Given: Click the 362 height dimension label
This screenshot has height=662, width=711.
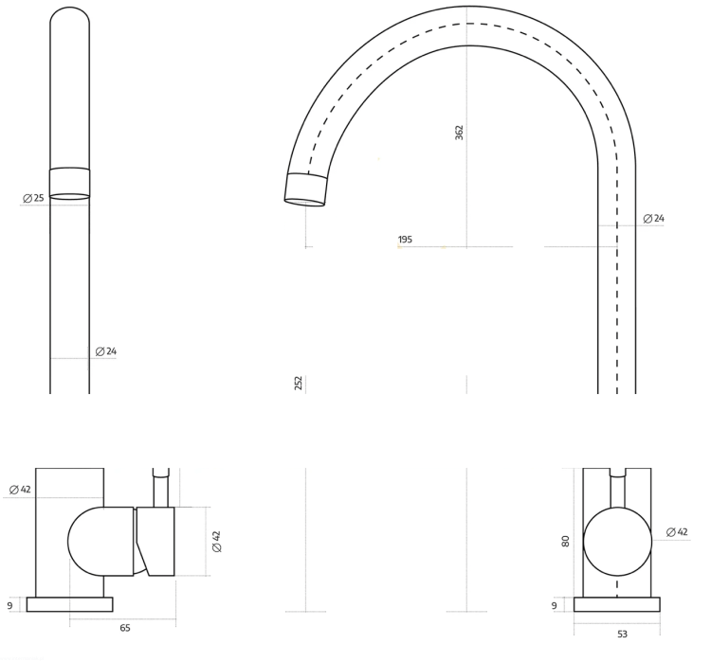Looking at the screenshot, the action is [x=460, y=133].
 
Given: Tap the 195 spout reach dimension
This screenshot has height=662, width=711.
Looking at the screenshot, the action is [x=405, y=240].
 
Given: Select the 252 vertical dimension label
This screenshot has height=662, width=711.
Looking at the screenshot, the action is [x=299, y=383].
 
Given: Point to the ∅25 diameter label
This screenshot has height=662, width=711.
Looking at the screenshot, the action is [x=33, y=198].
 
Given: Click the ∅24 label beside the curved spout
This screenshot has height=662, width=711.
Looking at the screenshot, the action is [x=654, y=219].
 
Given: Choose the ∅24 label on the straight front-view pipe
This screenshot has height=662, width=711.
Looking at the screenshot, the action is [x=106, y=351].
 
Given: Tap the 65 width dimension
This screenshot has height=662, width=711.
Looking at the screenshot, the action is [x=125, y=628].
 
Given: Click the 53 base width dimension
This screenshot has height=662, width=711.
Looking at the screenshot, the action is [x=622, y=634].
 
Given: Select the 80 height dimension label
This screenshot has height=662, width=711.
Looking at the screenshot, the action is [x=565, y=541].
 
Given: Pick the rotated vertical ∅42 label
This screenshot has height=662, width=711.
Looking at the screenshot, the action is [x=217, y=542].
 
